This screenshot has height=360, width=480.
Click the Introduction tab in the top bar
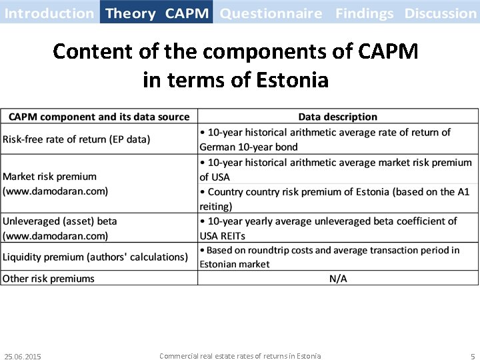(x=49, y=13)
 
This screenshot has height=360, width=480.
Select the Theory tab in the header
(x=131, y=13)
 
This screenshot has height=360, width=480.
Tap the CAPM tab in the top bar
(x=187, y=13)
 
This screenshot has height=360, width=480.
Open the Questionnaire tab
(x=271, y=13)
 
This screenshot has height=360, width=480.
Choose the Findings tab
(x=365, y=13)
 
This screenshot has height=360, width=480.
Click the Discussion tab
(x=440, y=13)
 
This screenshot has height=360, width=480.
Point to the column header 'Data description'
(x=337, y=117)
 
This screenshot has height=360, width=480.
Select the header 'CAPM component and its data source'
(x=99, y=117)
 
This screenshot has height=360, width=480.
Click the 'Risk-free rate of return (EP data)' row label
(x=77, y=139)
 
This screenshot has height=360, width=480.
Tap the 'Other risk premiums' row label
(x=49, y=278)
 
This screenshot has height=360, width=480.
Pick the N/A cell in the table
(x=338, y=278)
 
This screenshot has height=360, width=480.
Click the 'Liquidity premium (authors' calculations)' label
(x=95, y=257)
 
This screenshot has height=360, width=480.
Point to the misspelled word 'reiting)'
(x=216, y=206)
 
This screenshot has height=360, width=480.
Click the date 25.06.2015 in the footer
(x=22, y=357)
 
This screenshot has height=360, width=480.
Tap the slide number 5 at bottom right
(x=473, y=357)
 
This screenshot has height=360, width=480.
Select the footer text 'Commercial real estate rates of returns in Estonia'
(x=240, y=356)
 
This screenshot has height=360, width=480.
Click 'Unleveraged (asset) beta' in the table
(x=60, y=221)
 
